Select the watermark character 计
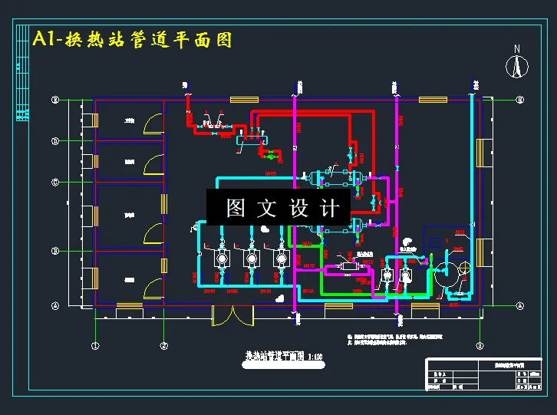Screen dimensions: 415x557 (330, 208)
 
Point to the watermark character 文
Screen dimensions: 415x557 (268, 208)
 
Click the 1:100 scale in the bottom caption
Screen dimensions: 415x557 (315, 356)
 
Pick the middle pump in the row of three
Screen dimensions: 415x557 (250, 259)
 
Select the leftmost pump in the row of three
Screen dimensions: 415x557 (222, 259)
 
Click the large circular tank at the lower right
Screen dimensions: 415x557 (447, 272)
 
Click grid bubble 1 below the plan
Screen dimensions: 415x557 (95, 346)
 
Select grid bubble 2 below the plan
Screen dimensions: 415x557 (163, 346)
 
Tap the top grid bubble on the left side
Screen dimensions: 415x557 (54, 100)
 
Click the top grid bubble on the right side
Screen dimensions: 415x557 (519, 100)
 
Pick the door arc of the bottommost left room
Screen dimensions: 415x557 (151, 288)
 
